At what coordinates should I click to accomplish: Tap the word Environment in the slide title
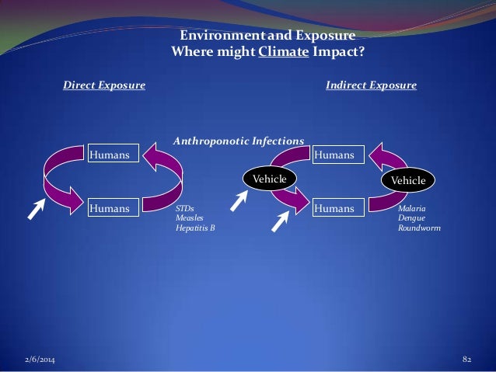(215, 36)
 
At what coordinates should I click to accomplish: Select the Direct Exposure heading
(104, 85)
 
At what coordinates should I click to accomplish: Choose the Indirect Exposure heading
(371, 85)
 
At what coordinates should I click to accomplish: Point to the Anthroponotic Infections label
(238, 141)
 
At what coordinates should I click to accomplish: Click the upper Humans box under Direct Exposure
(113, 155)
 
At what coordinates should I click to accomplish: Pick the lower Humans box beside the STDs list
(113, 208)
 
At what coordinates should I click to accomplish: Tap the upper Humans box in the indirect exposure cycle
(335, 155)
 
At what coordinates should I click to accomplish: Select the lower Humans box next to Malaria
(335, 208)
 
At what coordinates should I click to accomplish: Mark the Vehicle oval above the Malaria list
(408, 180)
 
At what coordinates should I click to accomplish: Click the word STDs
(184, 210)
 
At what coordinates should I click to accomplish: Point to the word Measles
(189, 219)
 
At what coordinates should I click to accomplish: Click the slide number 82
(467, 360)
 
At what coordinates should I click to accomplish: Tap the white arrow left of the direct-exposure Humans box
(37, 208)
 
